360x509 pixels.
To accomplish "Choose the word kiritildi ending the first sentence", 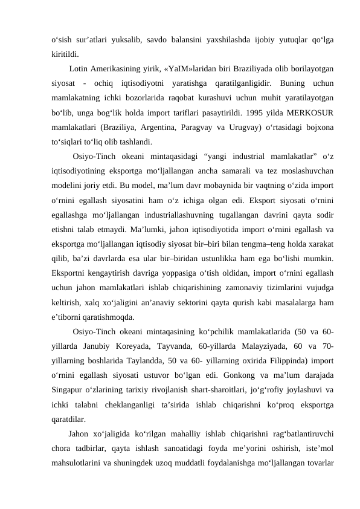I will click(x=65, y=54).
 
